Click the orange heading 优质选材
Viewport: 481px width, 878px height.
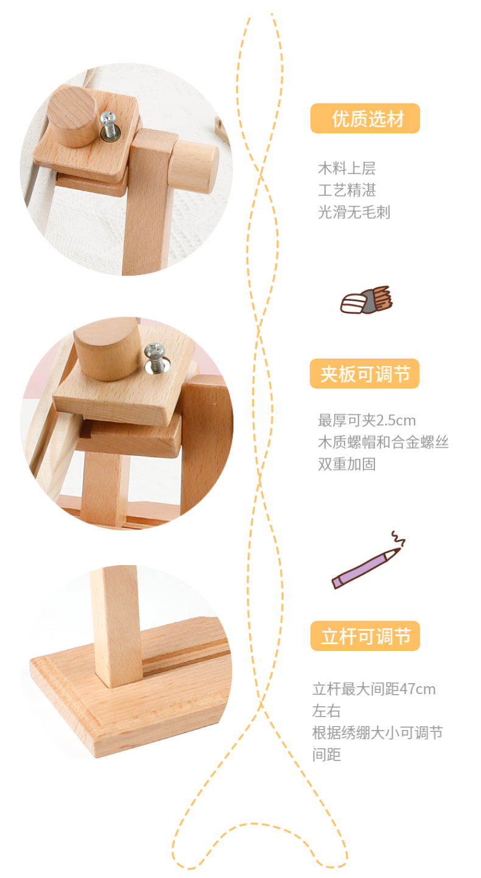click(x=365, y=119)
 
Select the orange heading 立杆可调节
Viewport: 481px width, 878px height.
click(x=365, y=636)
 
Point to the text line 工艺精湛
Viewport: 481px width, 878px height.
click(x=347, y=191)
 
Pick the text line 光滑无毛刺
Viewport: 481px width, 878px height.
click(x=354, y=212)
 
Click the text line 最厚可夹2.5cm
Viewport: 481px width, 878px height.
click(x=367, y=420)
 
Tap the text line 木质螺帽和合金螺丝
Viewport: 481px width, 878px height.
click(x=383, y=442)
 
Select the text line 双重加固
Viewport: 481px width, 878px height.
click(x=347, y=464)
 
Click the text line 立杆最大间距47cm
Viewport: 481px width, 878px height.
click(x=374, y=689)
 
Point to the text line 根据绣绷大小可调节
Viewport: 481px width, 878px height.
click(x=377, y=733)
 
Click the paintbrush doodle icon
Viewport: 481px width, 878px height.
click(x=366, y=300)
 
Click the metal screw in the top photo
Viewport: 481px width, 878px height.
click(x=108, y=125)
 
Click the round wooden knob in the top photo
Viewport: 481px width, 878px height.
click(x=72, y=116)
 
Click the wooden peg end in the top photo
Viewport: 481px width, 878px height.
click(x=195, y=167)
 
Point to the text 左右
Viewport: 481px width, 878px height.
click(x=326, y=711)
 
